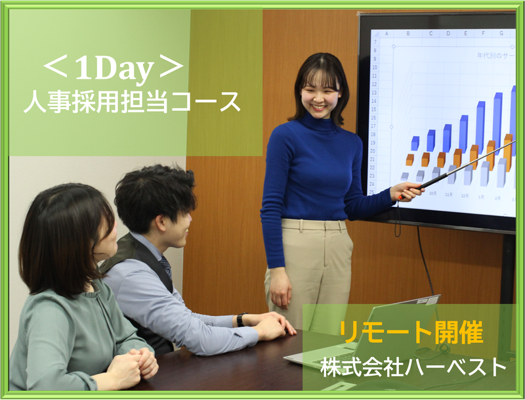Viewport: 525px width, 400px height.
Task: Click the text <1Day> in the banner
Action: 112,67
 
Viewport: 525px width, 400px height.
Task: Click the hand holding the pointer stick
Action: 406,191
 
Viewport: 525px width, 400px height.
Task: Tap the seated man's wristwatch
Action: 241,320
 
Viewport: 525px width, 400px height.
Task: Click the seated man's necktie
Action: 165,267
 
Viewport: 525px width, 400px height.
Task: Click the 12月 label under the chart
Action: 465,195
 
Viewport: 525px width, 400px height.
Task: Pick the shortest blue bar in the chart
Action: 415,143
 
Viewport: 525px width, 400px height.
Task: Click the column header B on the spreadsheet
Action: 408,33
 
